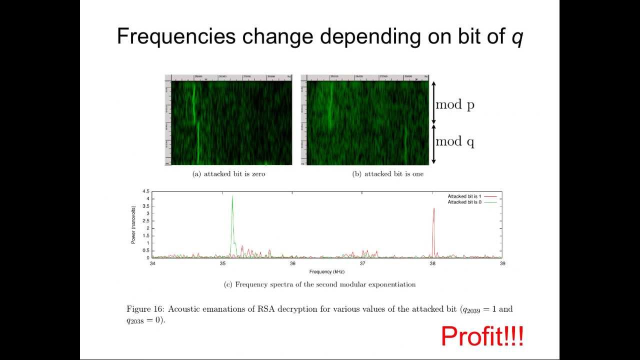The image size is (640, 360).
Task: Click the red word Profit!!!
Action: [482, 336]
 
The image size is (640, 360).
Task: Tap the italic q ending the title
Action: [517, 38]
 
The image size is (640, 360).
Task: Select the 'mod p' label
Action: [454, 104]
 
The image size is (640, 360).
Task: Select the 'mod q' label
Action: [454, 141]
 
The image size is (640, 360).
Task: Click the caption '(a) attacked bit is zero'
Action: [228, 174]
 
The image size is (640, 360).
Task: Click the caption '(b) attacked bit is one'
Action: [387, 174]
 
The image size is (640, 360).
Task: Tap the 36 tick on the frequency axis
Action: [292, 263]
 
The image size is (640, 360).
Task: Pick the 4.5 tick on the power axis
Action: [145, 191]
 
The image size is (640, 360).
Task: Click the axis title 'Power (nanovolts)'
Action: [133, 224]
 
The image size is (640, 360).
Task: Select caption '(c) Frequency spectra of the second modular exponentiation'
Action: [319, 284]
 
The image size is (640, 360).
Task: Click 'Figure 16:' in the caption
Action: [145, 309]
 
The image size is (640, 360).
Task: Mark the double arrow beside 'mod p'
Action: [433, 103]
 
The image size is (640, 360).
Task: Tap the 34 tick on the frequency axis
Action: [152, 263]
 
